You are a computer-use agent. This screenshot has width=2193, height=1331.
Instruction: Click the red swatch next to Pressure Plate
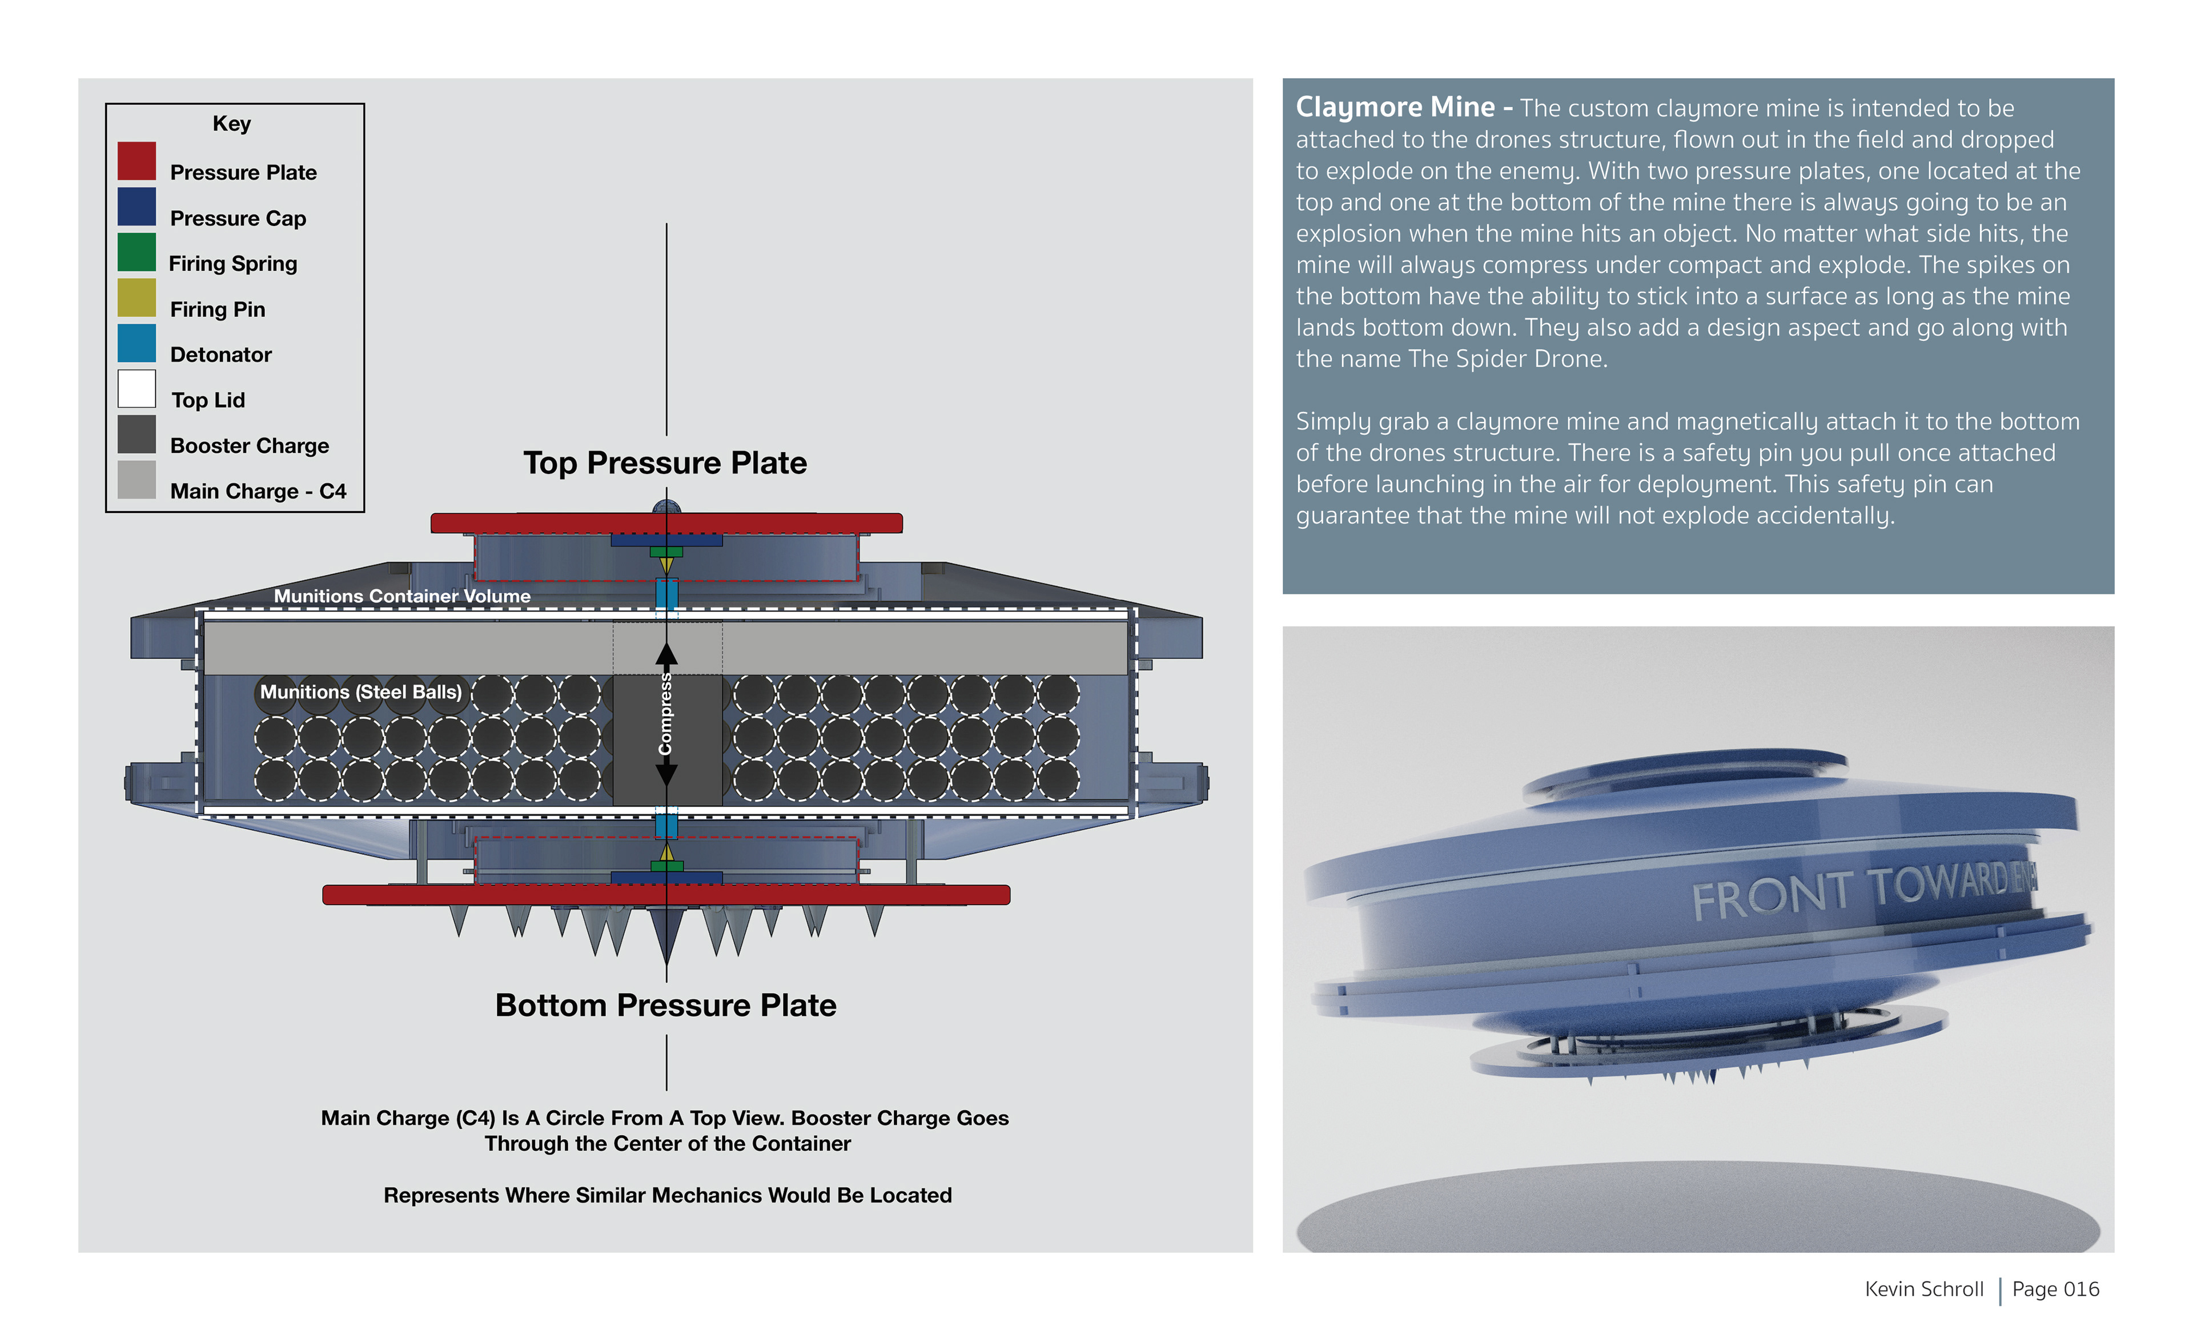pyautogui.click(x=136, y=161)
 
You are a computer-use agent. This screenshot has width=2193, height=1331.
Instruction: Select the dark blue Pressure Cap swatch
pyautogui.click(x=136, y=206)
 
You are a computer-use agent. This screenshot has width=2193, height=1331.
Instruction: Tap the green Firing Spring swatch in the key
pyautogui.click(x=136, y=252)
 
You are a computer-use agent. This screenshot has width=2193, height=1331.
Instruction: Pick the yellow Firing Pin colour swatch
pyautogui.click(x=136, y=298)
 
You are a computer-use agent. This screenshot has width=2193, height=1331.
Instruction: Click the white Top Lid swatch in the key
pyautogui.click(x=136, y=389)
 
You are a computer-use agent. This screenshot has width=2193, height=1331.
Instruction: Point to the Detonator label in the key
pyautogui.click(x=220, y=355)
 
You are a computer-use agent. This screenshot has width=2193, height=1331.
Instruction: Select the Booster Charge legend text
pyautogui.click(x=249, y=446)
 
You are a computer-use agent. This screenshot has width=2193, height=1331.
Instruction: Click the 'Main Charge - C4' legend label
pyautogui.click(x=258, y=491)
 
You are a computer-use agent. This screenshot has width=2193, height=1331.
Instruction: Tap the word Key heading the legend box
pyautogui.click(x=231, y=124)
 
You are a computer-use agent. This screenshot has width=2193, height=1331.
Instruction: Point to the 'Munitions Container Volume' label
pyautogui.click(x=401, y=596)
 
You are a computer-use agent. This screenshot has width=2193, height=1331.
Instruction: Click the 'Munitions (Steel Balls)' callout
pyautogui.click(x=360, y=692)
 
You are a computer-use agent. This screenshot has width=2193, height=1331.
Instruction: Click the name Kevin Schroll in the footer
pyautogui.click(x=1923, y=1289)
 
